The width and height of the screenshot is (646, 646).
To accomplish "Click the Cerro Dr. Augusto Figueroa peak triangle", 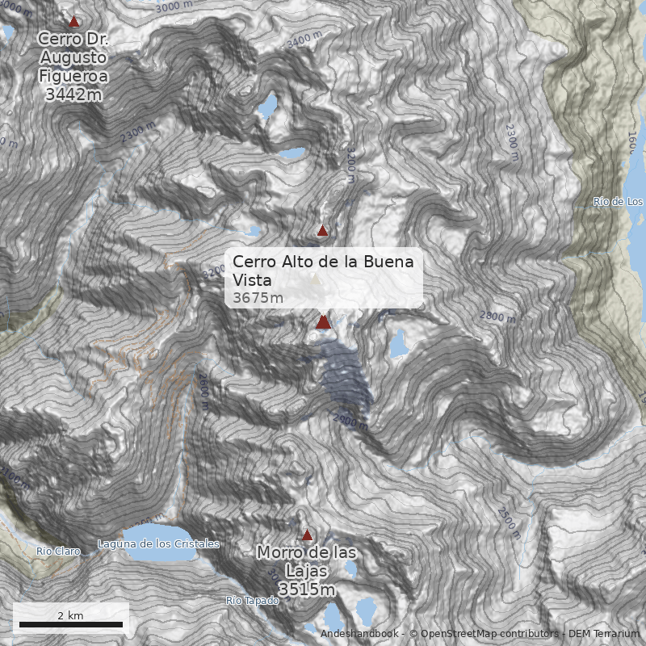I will [x=74, y=22].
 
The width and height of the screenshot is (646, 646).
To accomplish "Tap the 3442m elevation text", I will [x=74, y=94].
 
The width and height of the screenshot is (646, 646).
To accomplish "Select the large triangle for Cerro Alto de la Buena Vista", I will [x=323, y=322].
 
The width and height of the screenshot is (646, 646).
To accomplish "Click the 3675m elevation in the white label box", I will [x=258, y=298].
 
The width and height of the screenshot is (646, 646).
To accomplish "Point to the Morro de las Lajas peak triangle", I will [x=307, y=535].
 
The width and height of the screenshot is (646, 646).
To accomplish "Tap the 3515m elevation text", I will [x=307, y=590].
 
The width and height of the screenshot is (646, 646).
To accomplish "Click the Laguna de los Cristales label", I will [x=158, y=543].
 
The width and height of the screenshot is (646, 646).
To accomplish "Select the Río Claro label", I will [x=58, y=551].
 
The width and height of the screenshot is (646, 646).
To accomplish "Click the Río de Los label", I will [x=618, y=201].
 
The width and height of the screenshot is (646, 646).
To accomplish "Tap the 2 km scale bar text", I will [x=70, y=615].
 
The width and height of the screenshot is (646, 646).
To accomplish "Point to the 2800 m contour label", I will [x=497, y=316].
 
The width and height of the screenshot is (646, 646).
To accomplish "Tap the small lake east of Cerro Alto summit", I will [x=398, y=342].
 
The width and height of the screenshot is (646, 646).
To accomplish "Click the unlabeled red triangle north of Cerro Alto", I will [x=323, y=230].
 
